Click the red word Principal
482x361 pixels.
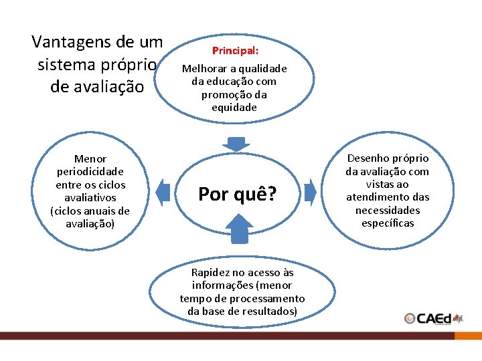coord(234,51)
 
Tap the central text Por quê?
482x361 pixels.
coord(237,195)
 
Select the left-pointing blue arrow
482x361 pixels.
coord(163,192)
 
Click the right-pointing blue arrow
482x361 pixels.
coord(309,192)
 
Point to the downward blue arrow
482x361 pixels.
coord(236,144)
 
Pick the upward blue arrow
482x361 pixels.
coord(238,228)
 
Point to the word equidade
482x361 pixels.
coord(234,107)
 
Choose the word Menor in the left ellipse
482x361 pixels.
coord(90,159)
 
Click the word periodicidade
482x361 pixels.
coord(90,172)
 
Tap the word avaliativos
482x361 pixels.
coord(90,198)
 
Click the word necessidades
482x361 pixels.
coord(388,210)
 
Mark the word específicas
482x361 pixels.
coord(388,223)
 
